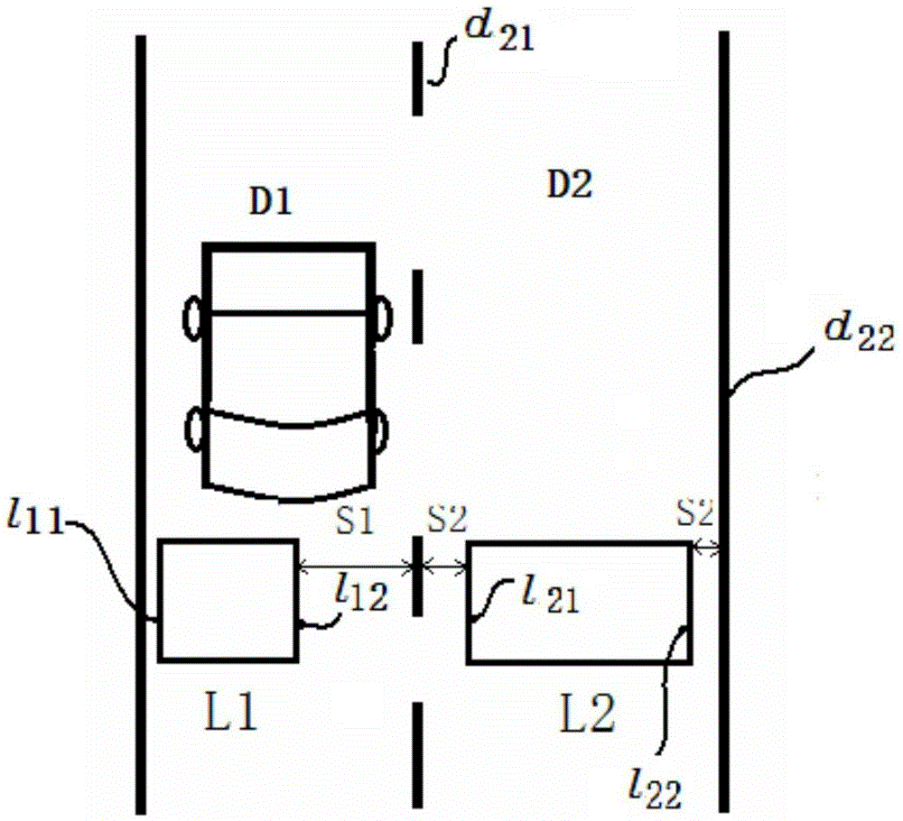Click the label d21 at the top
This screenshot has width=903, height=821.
tap(499, 34)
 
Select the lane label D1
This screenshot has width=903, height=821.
tap(270, 202)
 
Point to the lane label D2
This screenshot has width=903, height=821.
tap(570, 185)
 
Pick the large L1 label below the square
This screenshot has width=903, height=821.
tap(230, 711)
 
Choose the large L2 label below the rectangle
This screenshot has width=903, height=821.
tap(588, 713)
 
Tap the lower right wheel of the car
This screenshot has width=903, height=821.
tap(381, 430)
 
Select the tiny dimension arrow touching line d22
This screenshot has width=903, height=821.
tap(705, 549)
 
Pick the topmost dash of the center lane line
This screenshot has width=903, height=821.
tap(417, 78)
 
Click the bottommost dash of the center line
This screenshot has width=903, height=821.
tap(417, 755)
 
